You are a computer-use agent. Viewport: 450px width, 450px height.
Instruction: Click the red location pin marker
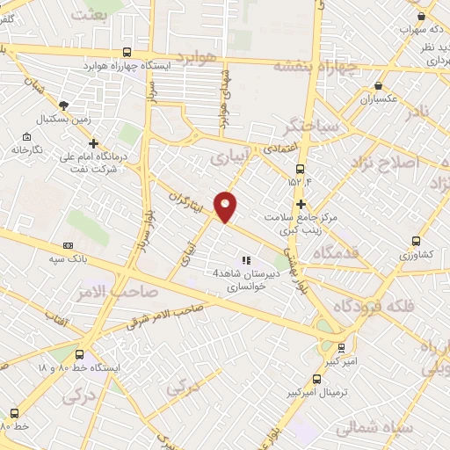tap(226, 206)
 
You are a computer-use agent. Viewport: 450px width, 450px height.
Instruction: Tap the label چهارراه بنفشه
tap(316, 65)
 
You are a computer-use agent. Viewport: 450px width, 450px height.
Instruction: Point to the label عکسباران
tap(379, 98)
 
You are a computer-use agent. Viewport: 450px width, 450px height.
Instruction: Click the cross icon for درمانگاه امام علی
tap(94, 142)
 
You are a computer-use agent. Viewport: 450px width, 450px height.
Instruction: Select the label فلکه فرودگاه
tap(367, 306)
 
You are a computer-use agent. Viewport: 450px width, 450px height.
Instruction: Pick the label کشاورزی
tap(416, 255)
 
